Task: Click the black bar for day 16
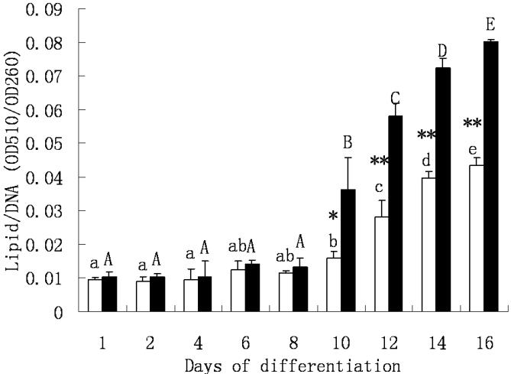click(x=490, y=177)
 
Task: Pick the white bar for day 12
click(x=381, y=264)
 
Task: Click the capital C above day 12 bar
click(x=395, y=98)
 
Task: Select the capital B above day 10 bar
click(x=347, y=141)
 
